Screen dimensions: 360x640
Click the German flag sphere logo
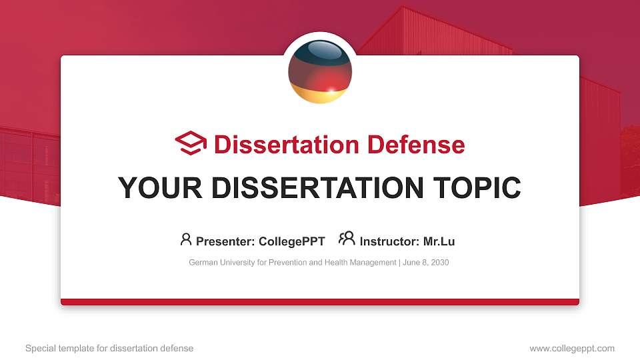[320, 71]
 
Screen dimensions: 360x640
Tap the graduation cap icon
[191, 143]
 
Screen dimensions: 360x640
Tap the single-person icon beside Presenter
[186, 239]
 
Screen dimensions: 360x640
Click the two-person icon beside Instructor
[347, 239]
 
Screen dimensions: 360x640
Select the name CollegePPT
[293, 241]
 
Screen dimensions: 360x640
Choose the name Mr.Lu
[439, 241]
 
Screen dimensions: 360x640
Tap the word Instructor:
[389, 241]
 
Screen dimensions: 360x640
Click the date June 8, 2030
[426, 263]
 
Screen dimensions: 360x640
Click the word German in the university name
[202, 263]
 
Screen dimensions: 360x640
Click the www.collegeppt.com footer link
[572, 349]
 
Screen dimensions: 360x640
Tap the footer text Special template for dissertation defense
[109, 349]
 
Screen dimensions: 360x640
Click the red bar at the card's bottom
[320, 302]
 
